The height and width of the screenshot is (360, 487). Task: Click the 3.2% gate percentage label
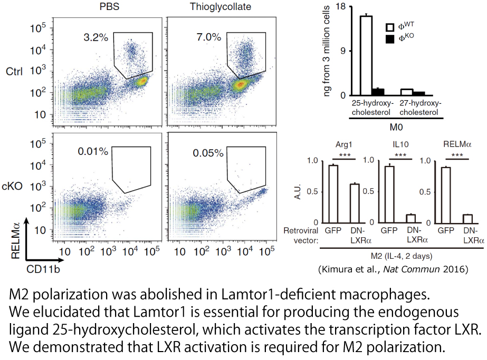[x=96, y=37]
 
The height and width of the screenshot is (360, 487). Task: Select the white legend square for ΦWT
[x=391, y=27]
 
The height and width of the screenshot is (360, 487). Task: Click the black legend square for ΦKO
[x=391, y=40]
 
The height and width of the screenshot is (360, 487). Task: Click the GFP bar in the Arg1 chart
[x=333, y=193]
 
